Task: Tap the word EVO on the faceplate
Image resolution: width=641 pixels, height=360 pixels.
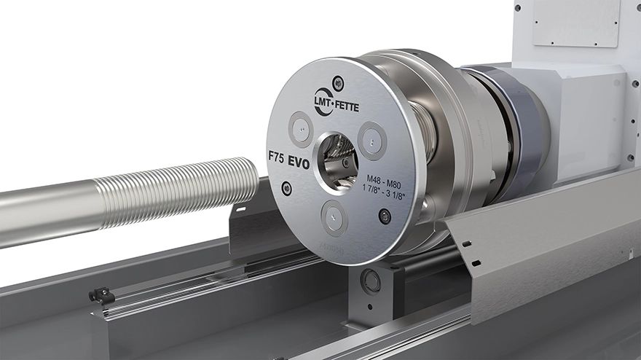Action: (x=298, y=164)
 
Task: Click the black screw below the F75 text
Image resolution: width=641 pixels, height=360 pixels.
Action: (x=286, y=189)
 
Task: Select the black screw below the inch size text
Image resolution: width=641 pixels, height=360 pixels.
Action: (x=385, y=216)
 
